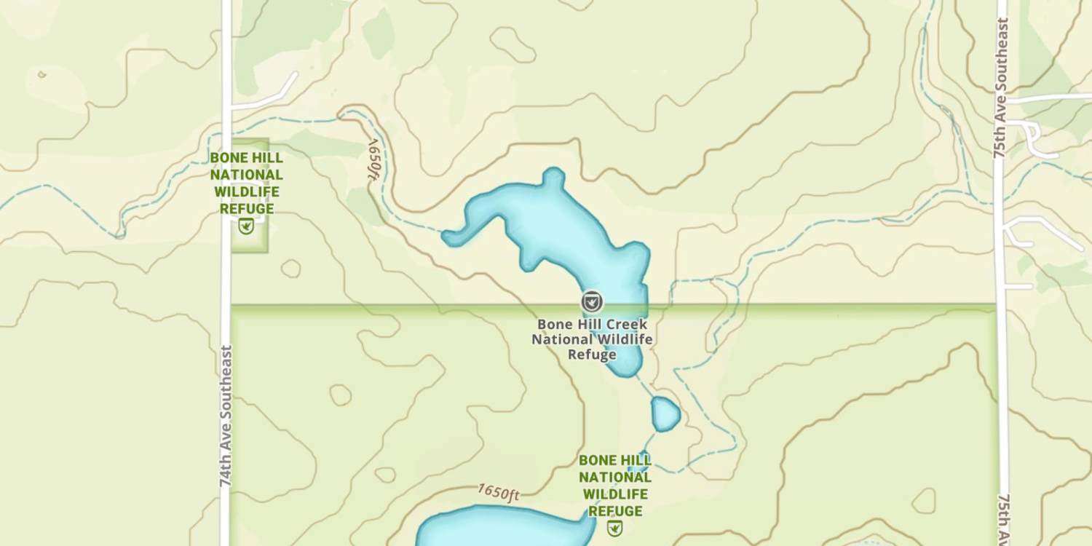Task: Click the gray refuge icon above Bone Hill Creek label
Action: [x=591, y=301]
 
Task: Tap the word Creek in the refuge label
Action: [x=624, y=324]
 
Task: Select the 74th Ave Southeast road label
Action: [x=226, y=416]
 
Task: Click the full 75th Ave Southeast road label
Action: [x=1001, y=88]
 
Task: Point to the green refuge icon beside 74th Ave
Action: [x=246, y=226]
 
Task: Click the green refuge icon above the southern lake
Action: [x=615, y=528]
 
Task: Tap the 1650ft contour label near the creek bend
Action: [x=373, y=159]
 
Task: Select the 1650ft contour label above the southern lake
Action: [x=499, y=493]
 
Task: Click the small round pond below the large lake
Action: [x=665, y=414]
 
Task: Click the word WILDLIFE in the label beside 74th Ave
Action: [x=246, y=192]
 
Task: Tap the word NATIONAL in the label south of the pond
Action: [x=615, y=478]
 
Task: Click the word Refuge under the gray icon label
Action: [x=592, y=355]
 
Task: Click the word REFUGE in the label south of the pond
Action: [x=615, y=511]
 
